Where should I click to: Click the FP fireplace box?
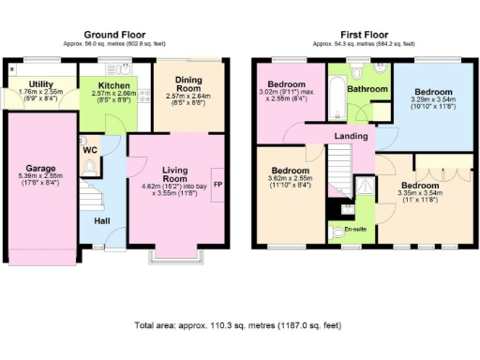[x=217, y=184]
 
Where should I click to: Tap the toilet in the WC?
[x=90, y=166]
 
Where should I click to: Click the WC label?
[x=90, y=150]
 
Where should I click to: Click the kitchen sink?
[x=118, y=68]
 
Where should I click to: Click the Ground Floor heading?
[x=119, y=35]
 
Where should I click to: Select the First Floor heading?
[x=361, y=35]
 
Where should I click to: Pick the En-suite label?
[x=354, y=229]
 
